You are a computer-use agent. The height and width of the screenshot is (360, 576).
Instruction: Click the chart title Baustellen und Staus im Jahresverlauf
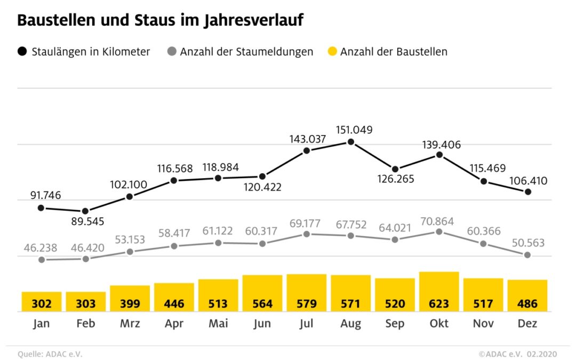click(x=160, y=21)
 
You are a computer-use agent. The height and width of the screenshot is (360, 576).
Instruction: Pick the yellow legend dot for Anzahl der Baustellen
click(x=332, y=52)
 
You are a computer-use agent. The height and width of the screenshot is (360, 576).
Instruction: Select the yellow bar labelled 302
click(x=42, y=301)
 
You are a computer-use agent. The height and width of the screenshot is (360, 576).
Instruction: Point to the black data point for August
click(x=350, y=142)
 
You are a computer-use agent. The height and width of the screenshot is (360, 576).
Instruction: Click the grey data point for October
click(x=439, y=232)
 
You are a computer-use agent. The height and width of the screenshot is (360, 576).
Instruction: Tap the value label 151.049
click(x=354, y=130)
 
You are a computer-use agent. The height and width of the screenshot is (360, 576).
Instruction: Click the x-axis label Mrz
click(x=130, y=323)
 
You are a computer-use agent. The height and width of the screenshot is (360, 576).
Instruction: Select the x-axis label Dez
click(x=527, y=323)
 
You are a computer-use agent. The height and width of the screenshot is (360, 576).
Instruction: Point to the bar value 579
click(x=306, y=304)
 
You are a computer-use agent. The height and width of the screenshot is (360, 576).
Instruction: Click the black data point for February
click(x=85, y=211)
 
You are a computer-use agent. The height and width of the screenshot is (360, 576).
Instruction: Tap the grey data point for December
click(x=527, y=255)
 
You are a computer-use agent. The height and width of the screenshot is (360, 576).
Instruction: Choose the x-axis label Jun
click(x=262, y=323)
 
